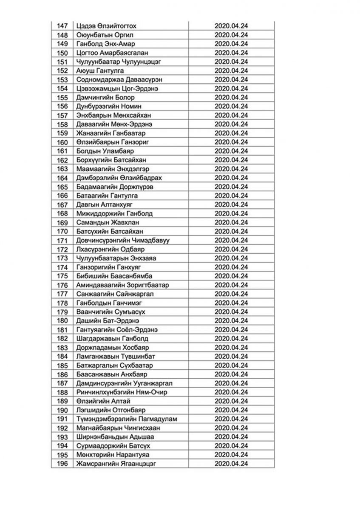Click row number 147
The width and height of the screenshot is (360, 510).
tap(62, 26)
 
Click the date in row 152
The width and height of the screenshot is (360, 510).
tap(231, 71)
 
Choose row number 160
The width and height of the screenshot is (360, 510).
tap(62, 142)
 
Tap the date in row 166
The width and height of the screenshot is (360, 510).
tap(231, 195)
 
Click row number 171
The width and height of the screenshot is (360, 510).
tap(62, 240)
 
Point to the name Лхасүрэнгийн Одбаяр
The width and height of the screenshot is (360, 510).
tap(111, 249)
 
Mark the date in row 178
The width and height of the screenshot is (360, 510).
tap(231, 303)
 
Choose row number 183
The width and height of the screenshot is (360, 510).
tap(62, 347)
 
